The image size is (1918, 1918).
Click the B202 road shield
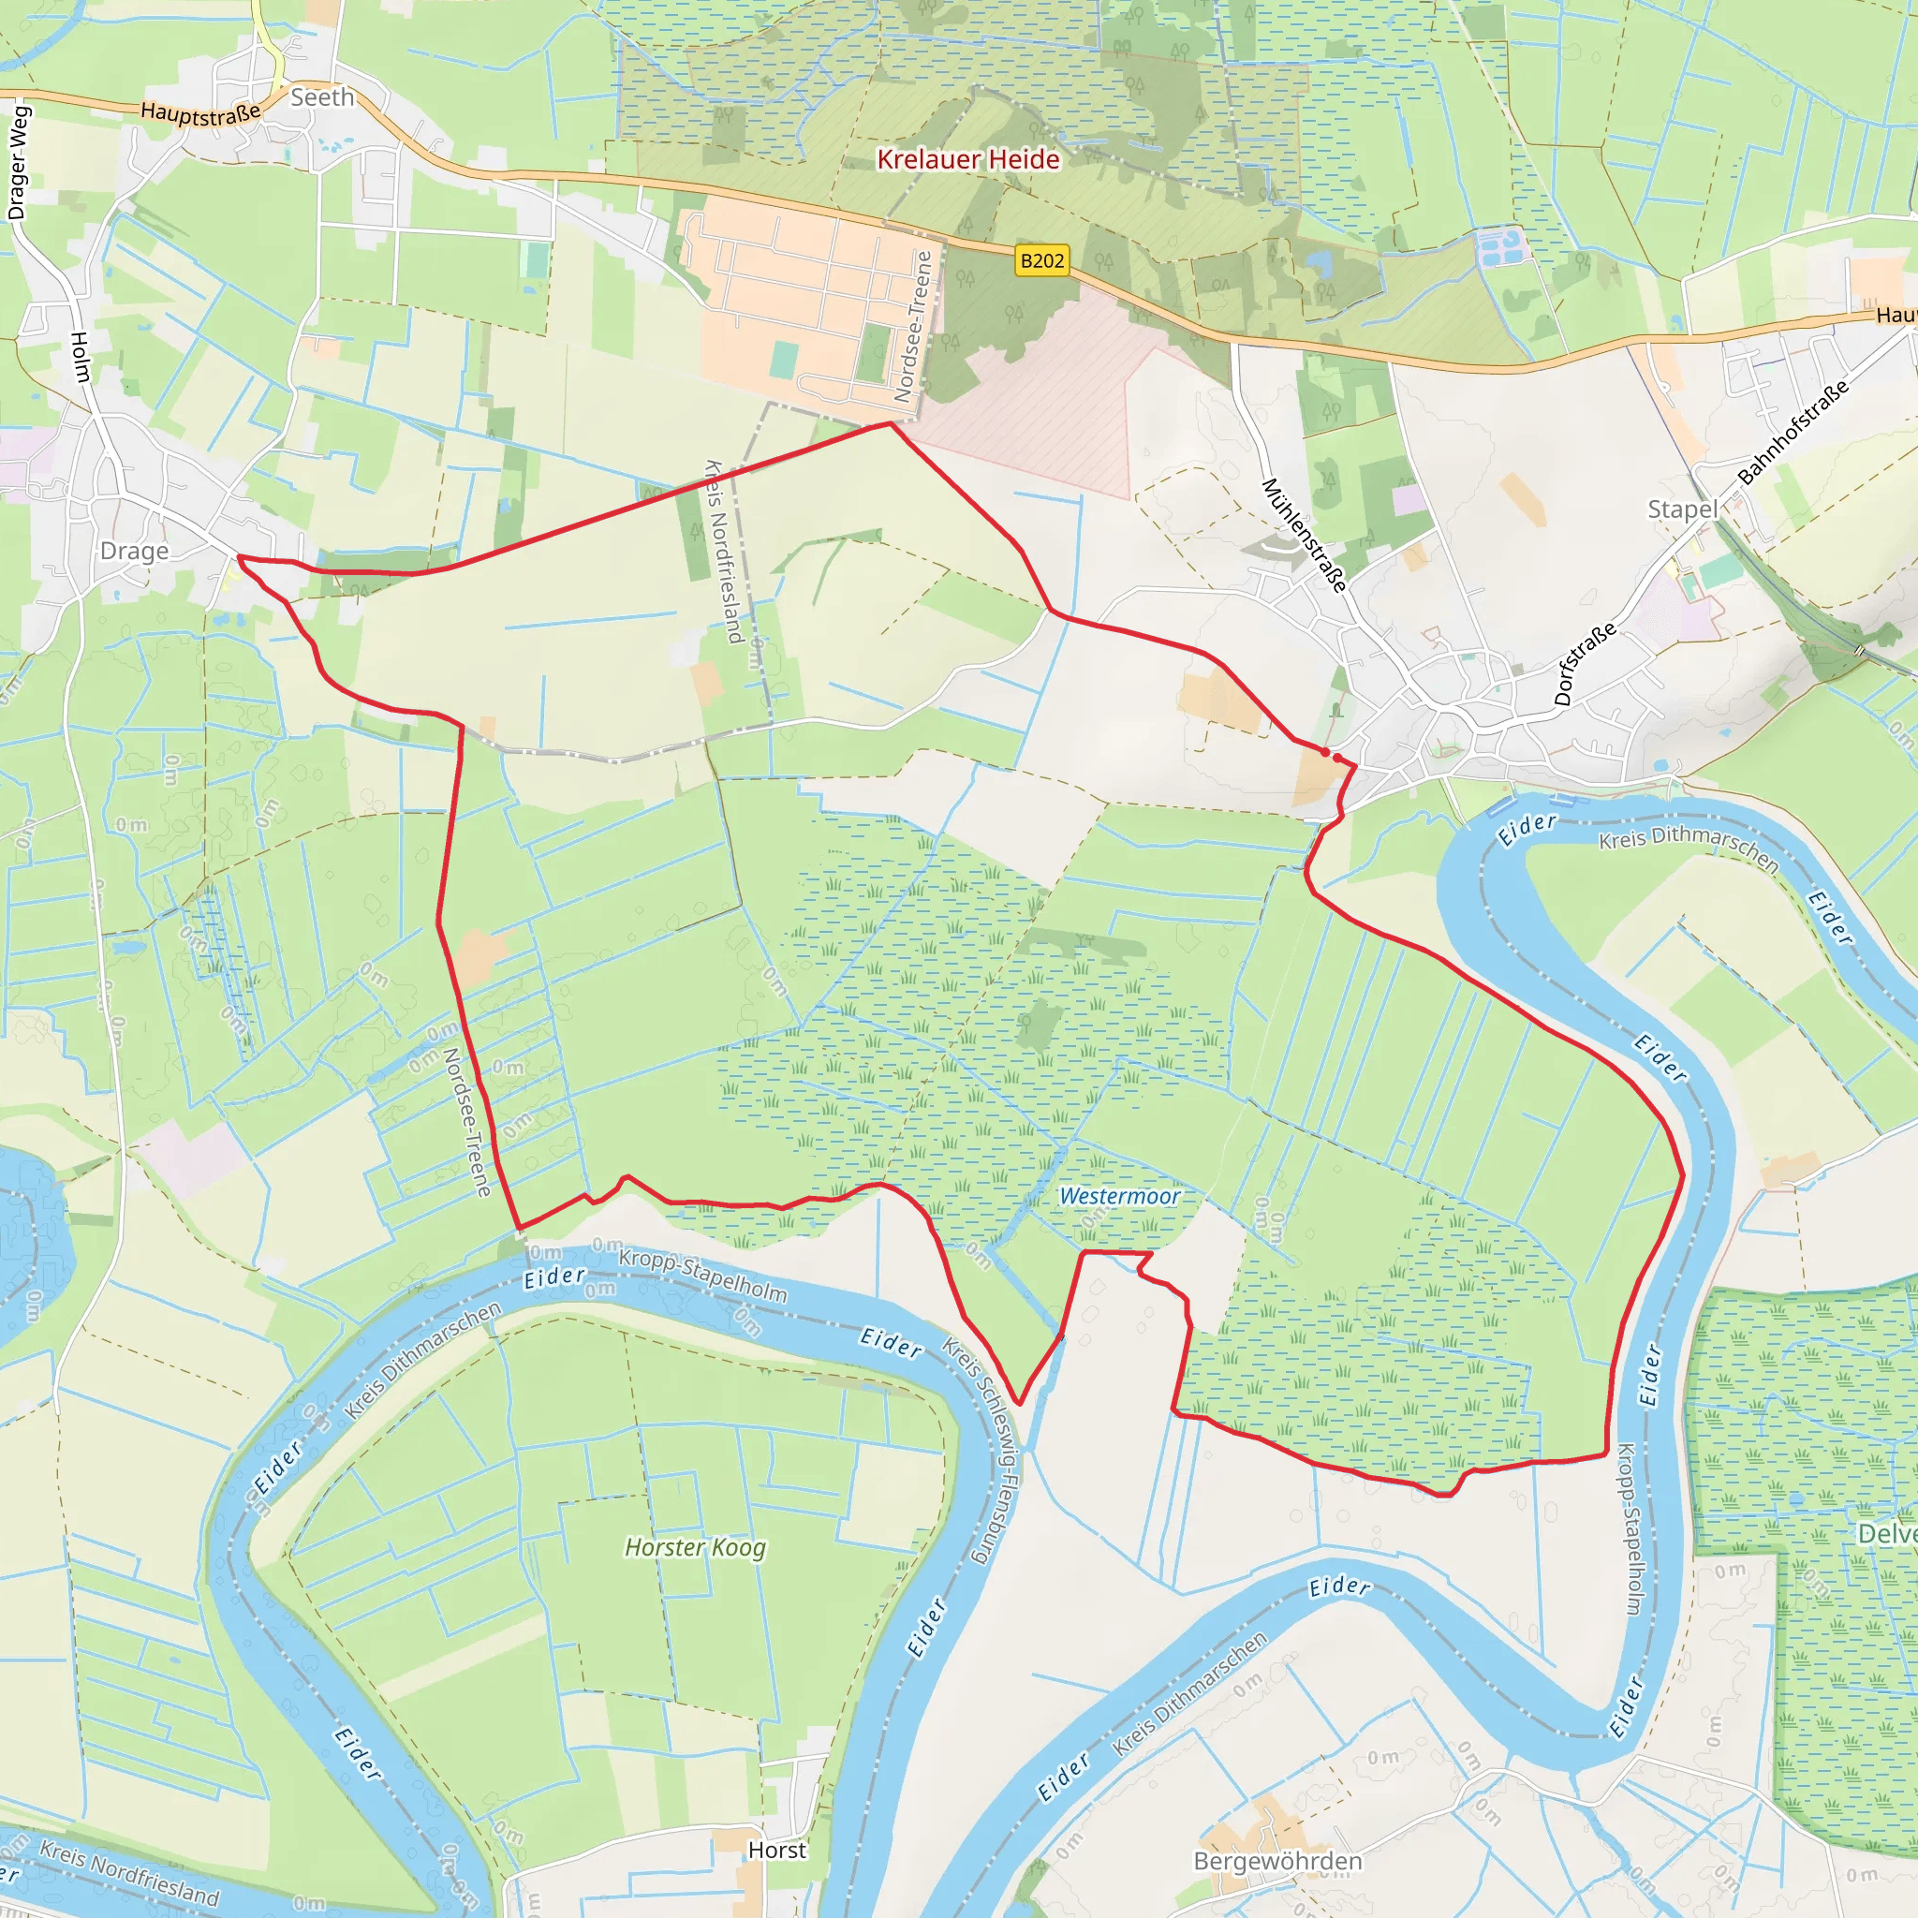(x=1041, y=260)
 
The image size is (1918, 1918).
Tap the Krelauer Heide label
(x=968, y=160)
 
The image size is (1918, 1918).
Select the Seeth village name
(x=321, y=97)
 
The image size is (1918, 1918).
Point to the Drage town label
(x=134, y=551)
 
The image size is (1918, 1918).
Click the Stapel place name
(x=1682, y=509)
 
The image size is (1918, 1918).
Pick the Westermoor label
(x=1119, y=1196)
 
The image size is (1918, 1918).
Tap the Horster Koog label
(x=695, y=1548)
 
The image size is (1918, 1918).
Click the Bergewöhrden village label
(x=1277, y=1861)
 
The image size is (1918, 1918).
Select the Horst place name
(x=776, y=1850)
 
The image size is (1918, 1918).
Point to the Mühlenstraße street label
(x=1305, y=535)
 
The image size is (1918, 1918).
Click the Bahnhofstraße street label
(x=1793, y=432)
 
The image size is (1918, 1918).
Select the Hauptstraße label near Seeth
(x=200, y=113)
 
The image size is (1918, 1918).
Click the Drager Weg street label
(x=19, y=162)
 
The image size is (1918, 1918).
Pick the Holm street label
(x=81, y=358)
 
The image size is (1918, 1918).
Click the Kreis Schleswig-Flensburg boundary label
(x=981, y=1451)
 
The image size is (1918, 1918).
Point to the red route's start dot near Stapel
(x=1325, y=753)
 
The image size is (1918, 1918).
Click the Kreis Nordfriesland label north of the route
(x=723, y=551)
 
